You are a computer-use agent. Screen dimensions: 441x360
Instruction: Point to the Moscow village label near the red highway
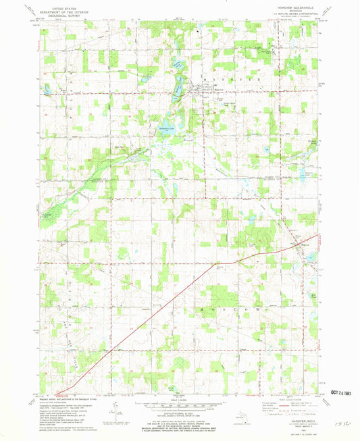pyautogui.click(x=305, y=244)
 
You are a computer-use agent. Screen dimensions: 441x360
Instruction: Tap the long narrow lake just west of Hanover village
pyautogui.click(x=179, y=84)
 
